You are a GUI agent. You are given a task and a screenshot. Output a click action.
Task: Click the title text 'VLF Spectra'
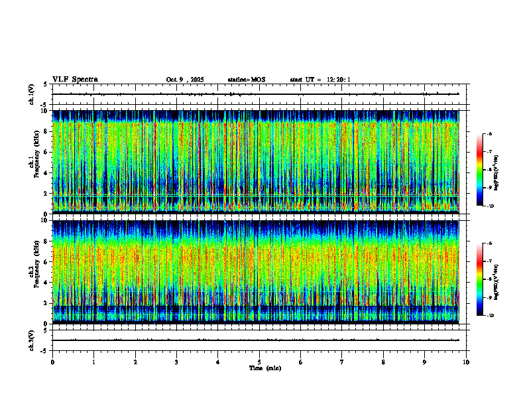pyautogui.click(x=75, y=80)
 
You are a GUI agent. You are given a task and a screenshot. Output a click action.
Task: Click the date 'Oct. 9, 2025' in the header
pyautogui.click(x=185, y=80)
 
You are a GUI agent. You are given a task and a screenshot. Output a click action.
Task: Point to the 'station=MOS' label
pyautogui.click(x=246, y=80)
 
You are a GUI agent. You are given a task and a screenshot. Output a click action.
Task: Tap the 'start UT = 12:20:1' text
pyautogui.click(x=320, y=80)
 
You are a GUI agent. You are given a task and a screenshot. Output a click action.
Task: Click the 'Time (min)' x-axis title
pyautogui.click(x=264, y=368)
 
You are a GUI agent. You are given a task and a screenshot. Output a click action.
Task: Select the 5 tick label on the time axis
pyautogui.click(x=259, y=362)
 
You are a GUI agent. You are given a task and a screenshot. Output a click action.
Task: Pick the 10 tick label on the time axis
pyautogui.click(x=466, y=362)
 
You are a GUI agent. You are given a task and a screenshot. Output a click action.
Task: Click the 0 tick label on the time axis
pyautogui.click(x=52, y=362)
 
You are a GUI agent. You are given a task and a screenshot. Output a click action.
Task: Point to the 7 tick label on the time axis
pyautogui.click(x=342, y=362)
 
